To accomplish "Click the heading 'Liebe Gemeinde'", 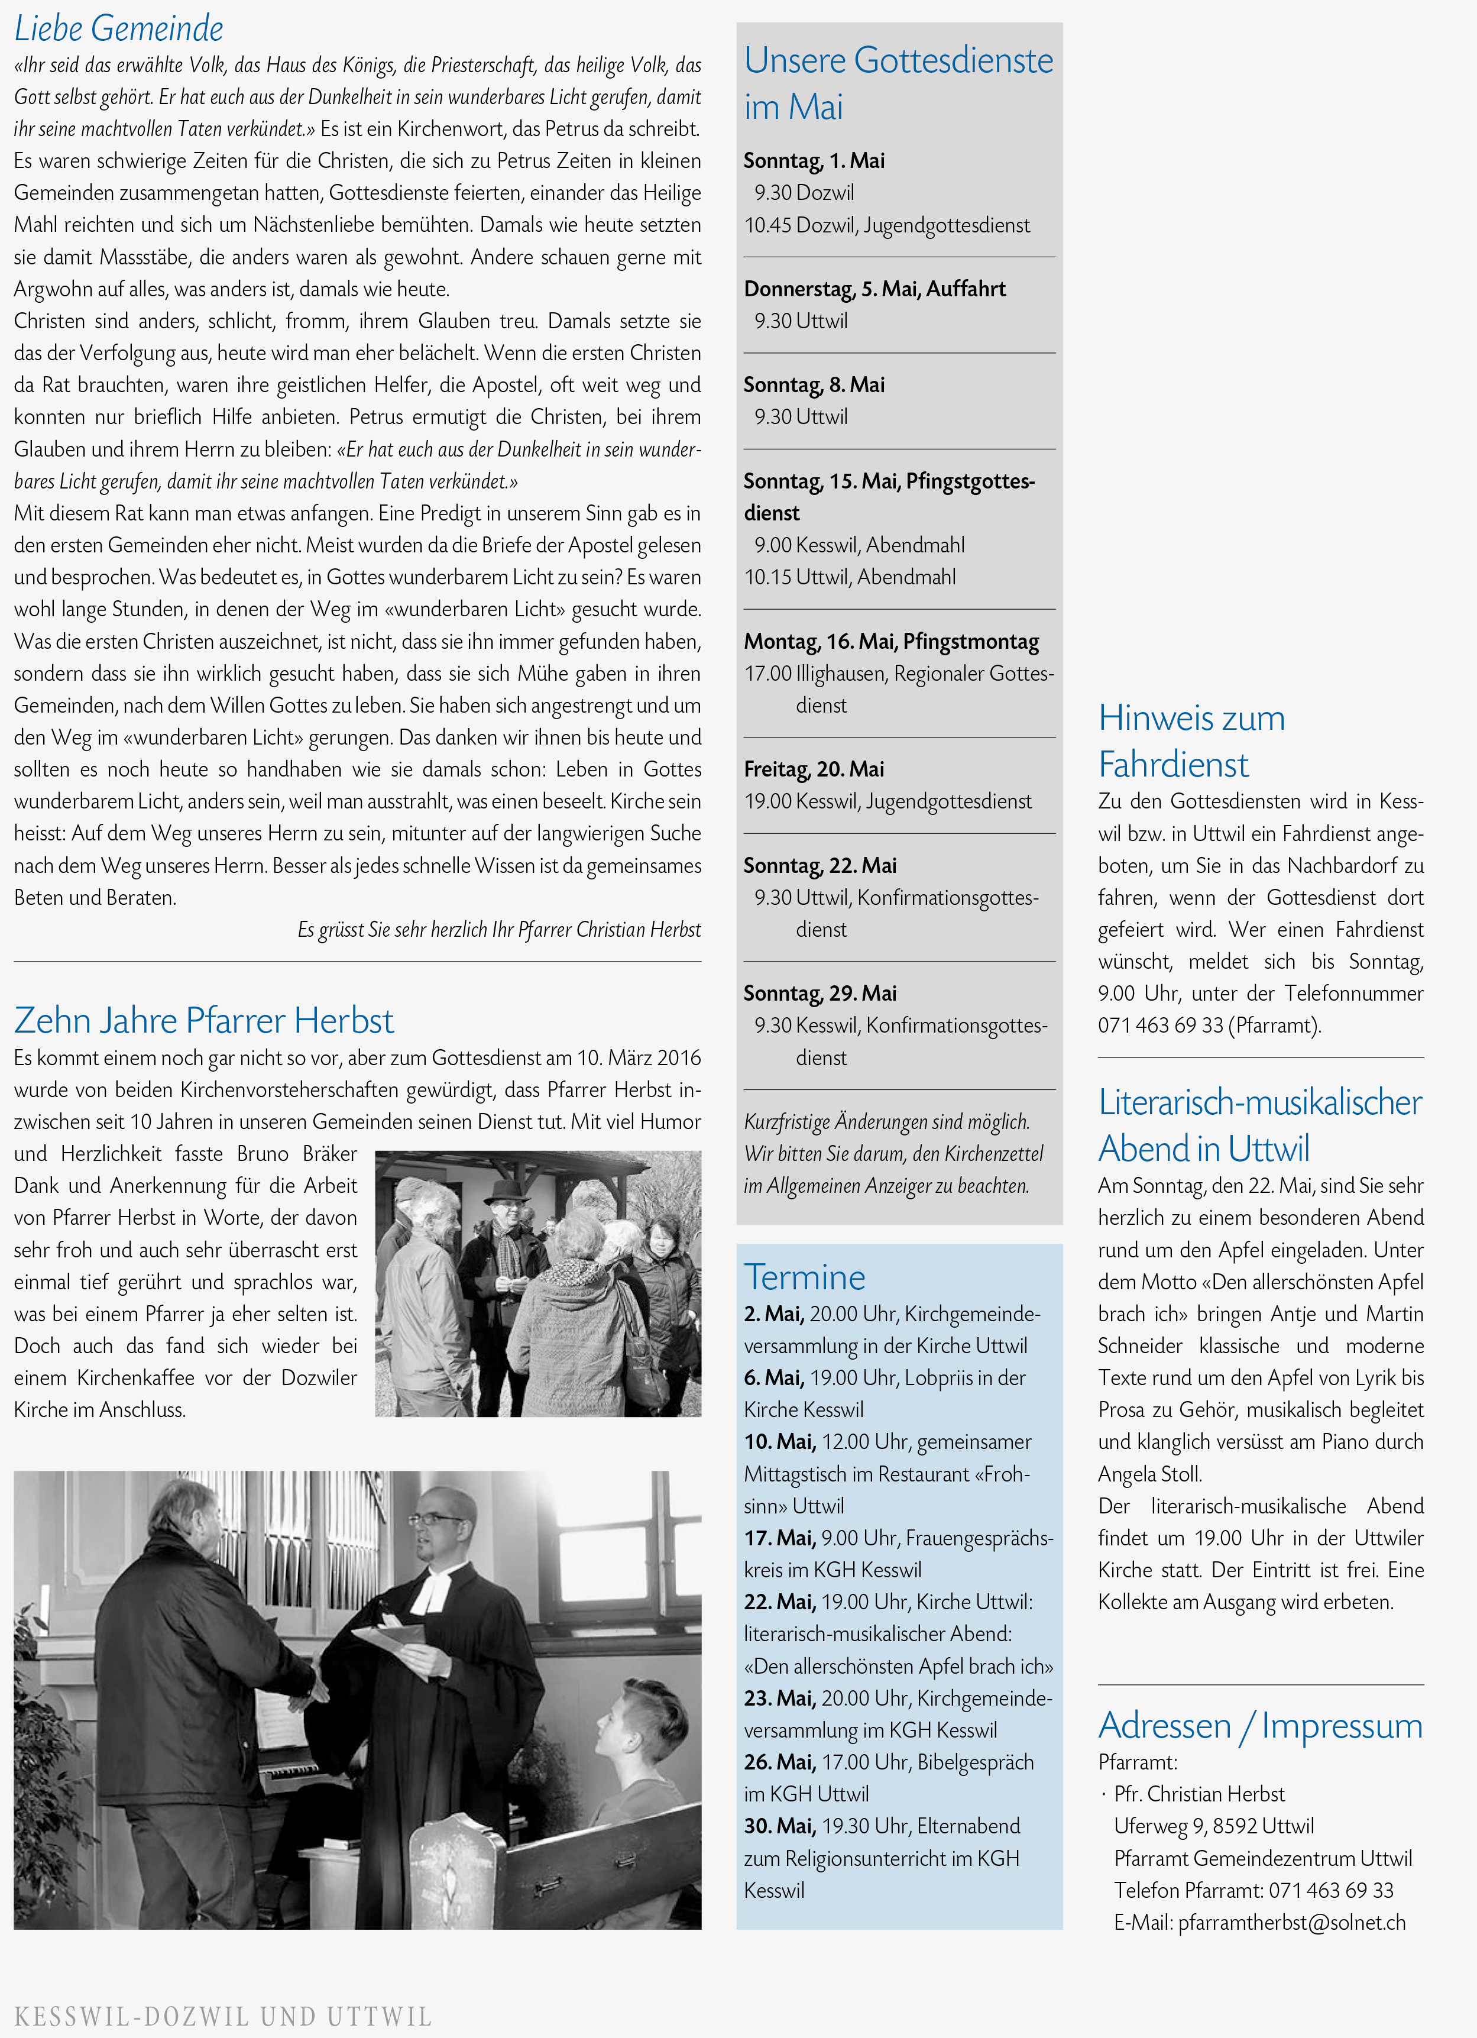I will click(119, 29).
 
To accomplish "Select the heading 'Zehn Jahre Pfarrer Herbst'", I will click(204, 1021).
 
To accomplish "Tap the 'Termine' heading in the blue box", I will click(804, 1277).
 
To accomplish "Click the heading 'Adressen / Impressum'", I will click(1259, 1725).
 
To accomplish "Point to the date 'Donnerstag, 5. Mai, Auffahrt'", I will click(874, 289).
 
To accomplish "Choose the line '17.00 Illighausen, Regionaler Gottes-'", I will click(898, 673).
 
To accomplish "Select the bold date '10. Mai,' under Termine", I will click(779, 1441).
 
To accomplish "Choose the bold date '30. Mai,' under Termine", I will click(779, 1826).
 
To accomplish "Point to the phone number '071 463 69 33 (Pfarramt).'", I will click(1209, 1026).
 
